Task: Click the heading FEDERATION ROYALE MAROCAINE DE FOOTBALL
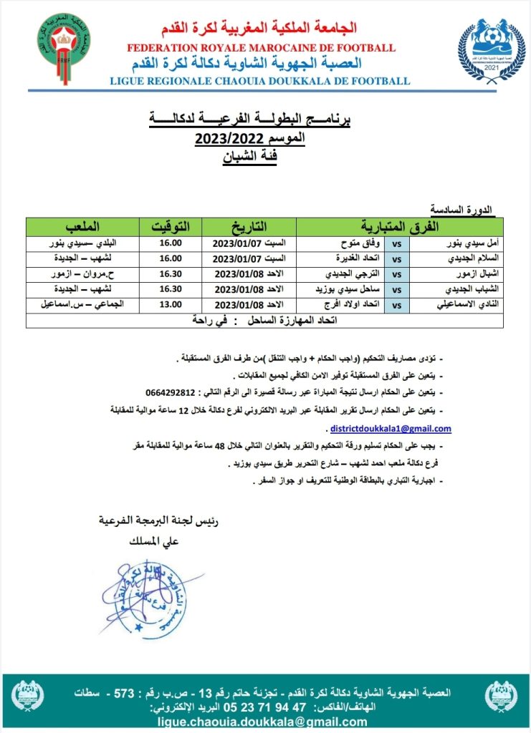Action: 261,48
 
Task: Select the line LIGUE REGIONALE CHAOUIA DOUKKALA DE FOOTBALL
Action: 259,81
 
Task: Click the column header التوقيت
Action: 169,226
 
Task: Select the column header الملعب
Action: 81,226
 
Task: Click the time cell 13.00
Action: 169,304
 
